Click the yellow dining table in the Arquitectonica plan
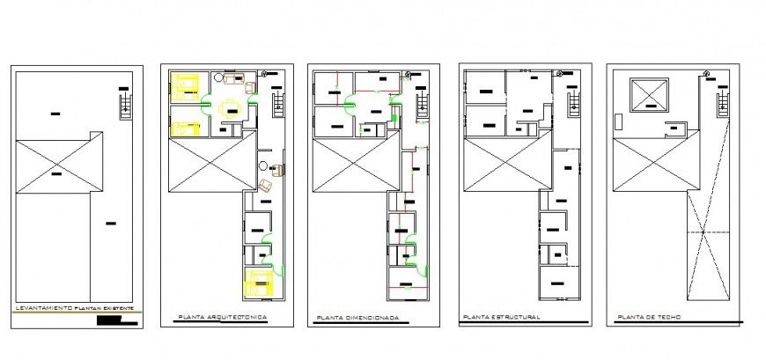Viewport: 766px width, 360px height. (x=231, y=107)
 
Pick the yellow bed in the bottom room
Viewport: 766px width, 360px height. (x=258, y=283)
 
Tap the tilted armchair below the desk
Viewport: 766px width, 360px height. (x=265, y=185)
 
